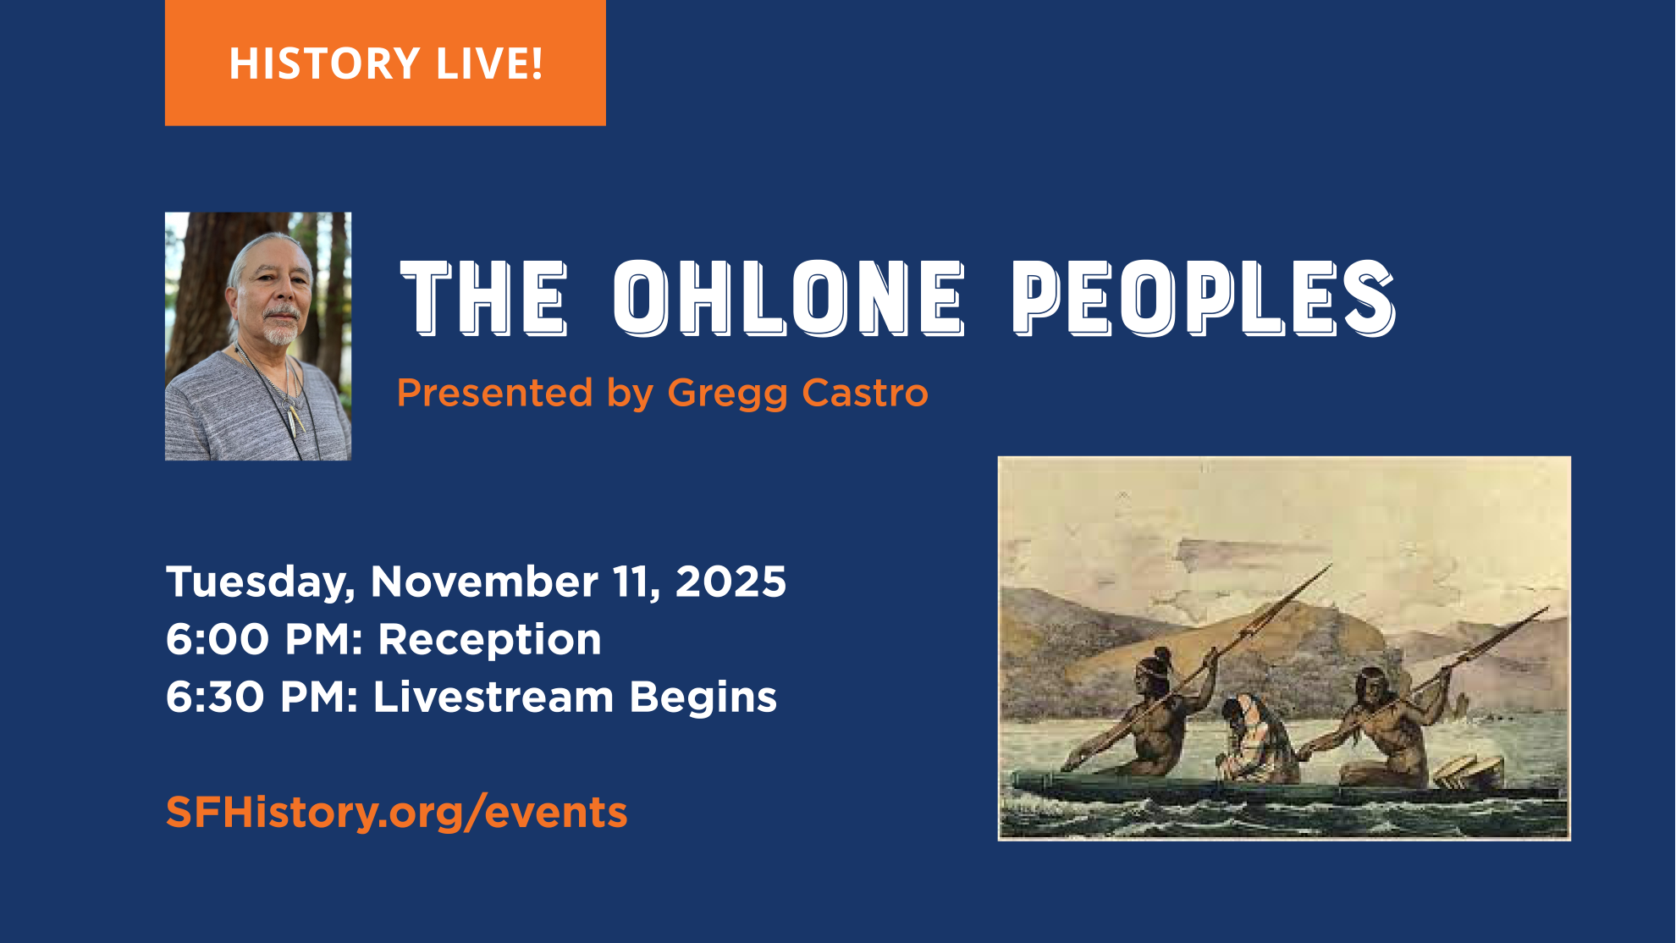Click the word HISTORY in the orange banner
pos(324,64)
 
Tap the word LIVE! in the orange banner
pos(489,64)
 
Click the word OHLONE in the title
pos(788,298)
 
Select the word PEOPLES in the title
pos(1202,298)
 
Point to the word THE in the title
pos(483,298)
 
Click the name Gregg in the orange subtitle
pos(727,394)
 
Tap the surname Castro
pos(864,394)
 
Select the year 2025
pos(730,582)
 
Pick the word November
pos(484,582)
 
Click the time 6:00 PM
pos(263,640)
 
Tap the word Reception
pos(489,640)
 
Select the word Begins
pos(703,698)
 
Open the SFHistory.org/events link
pos(396,813)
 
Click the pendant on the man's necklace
pos(295,418)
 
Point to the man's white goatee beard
pos(280,332)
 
